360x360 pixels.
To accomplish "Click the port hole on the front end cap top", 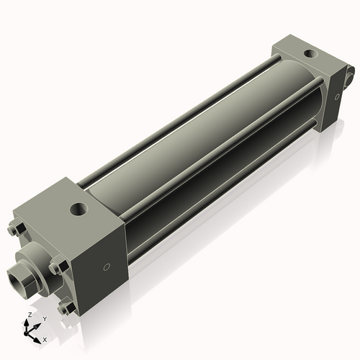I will point(77,210).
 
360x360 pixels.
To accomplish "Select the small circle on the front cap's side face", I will point(107,266).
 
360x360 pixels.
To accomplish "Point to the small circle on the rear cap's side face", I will point(336,95).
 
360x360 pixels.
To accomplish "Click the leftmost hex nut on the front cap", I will point(16,230).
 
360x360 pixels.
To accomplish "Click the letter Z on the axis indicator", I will point(29,315).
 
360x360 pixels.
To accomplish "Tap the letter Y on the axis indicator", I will point(45,319).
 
